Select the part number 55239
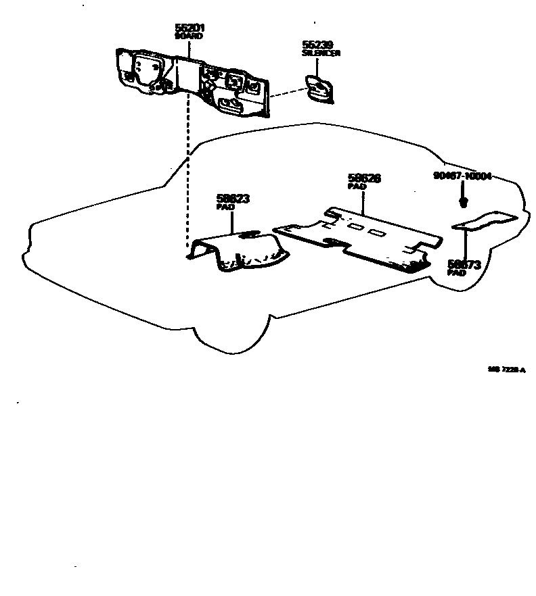(x=316, y=45)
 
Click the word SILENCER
(x=321, y=53)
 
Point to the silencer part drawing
(x=319, y=89)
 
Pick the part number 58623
(x=233, y=199)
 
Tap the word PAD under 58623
(x=225, y=207)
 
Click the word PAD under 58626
(x=356, y=187)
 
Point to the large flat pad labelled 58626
(x=359, y=237)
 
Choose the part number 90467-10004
(x=462, y=176)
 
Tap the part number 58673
(x=464, y=265)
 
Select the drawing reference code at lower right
(x=506, y=370)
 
